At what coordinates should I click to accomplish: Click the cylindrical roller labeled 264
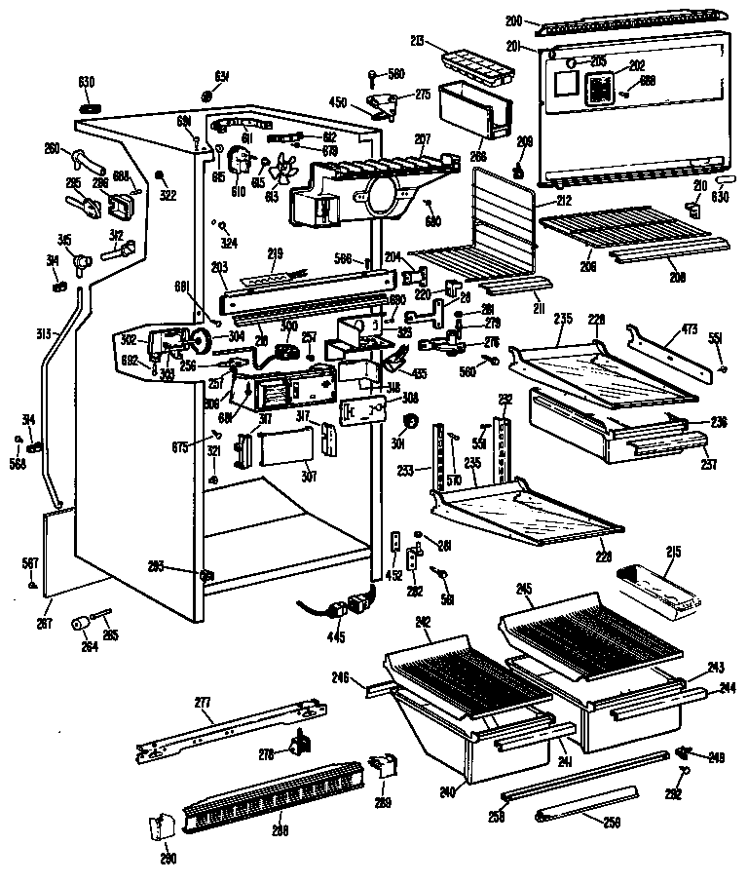80,623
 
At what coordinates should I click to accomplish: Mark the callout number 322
168,195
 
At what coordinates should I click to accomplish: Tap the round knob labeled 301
410,421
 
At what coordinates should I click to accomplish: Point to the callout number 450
338,101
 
